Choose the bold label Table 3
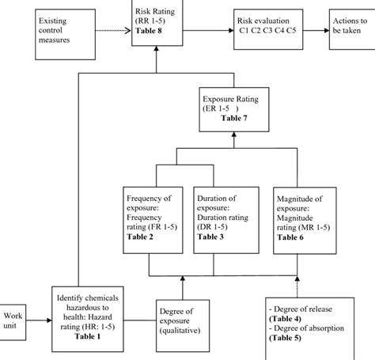tap(210, 237)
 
